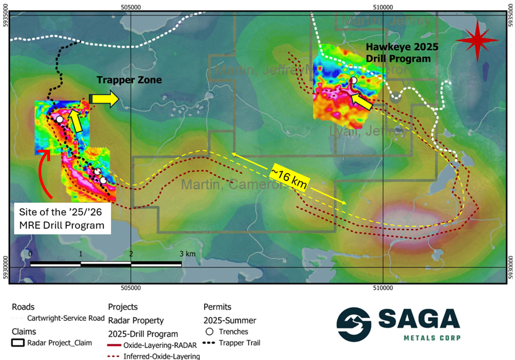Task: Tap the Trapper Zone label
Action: [x=129, y=80]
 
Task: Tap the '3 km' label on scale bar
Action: [x=187, y=254]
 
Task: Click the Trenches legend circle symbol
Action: [x=210, y=331]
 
